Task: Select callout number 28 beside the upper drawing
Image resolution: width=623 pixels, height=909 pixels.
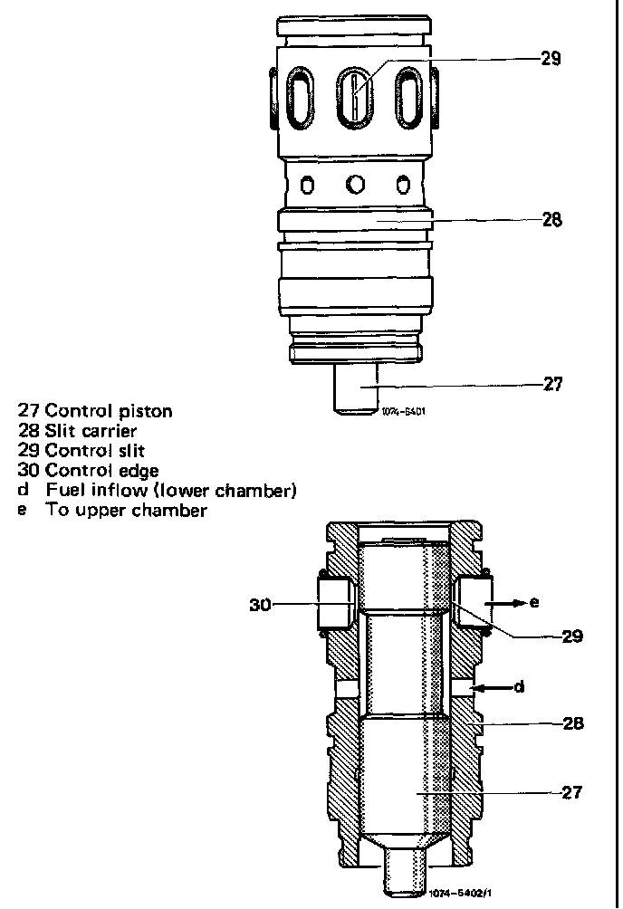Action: point(551,219)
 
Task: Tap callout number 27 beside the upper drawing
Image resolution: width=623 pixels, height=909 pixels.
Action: point(552,384)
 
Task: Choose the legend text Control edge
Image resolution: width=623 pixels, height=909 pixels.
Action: point(101,470)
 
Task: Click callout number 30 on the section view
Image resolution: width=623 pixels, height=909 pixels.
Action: point(261,606)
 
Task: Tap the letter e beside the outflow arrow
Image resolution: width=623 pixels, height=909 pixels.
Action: point(535,601)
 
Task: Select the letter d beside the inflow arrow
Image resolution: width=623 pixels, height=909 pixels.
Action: point(520,687)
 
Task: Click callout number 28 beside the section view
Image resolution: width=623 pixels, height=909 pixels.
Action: point(572,723)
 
